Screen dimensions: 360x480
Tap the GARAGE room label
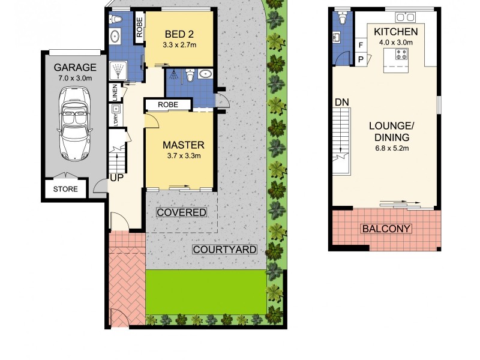(x=75, y=67)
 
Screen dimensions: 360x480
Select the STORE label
(x=65, y=189)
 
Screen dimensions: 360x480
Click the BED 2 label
(x=179, y=33)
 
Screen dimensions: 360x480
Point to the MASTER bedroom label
(x=184, y=145)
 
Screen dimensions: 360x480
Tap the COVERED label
(x=181, y=212)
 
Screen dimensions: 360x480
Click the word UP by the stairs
(x=116, y=178)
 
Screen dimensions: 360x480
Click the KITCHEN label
(x=395, y=31)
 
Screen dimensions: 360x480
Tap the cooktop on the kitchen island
(x=401, y=56)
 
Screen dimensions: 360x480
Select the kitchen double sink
(x=412, y=16)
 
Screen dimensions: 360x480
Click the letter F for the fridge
(x=361, y=45)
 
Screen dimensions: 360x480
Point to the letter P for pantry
(x=361, y=59)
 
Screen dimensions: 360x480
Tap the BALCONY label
(x=386, y=229)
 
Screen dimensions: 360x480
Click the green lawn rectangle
(x=205, y=291)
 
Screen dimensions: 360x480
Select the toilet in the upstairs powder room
(x=343, y=19)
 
